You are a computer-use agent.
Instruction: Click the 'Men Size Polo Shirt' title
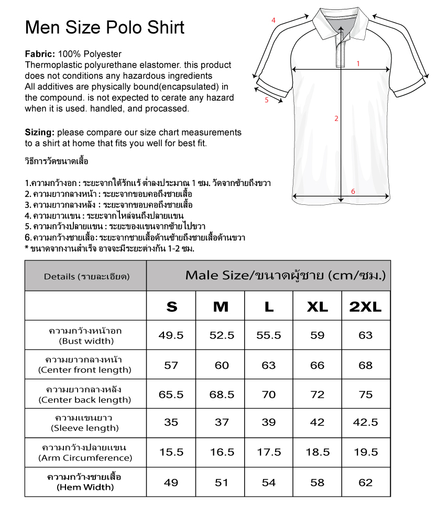[x=105, y=27]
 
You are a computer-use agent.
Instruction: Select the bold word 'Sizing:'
[x=40, y=133]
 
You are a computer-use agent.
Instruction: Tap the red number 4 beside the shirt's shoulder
[x=274, y=21]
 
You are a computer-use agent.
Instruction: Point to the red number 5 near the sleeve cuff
[x=266, y=100]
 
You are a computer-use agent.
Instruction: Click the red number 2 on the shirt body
[x=336, y=118]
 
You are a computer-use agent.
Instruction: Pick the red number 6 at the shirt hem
[x=353, y=191]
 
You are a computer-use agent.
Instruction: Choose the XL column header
[x=317, y=307]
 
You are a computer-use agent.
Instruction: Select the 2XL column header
[x=366, y=307]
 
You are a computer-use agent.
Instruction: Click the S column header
[x=171, y=307]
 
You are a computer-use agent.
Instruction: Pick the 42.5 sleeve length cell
[x=366, y=422]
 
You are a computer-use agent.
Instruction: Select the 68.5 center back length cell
[x=222, y=395]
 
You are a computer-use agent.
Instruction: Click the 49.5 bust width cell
[x=171, y=335]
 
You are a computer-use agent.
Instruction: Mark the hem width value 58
[x=317, y=483]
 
